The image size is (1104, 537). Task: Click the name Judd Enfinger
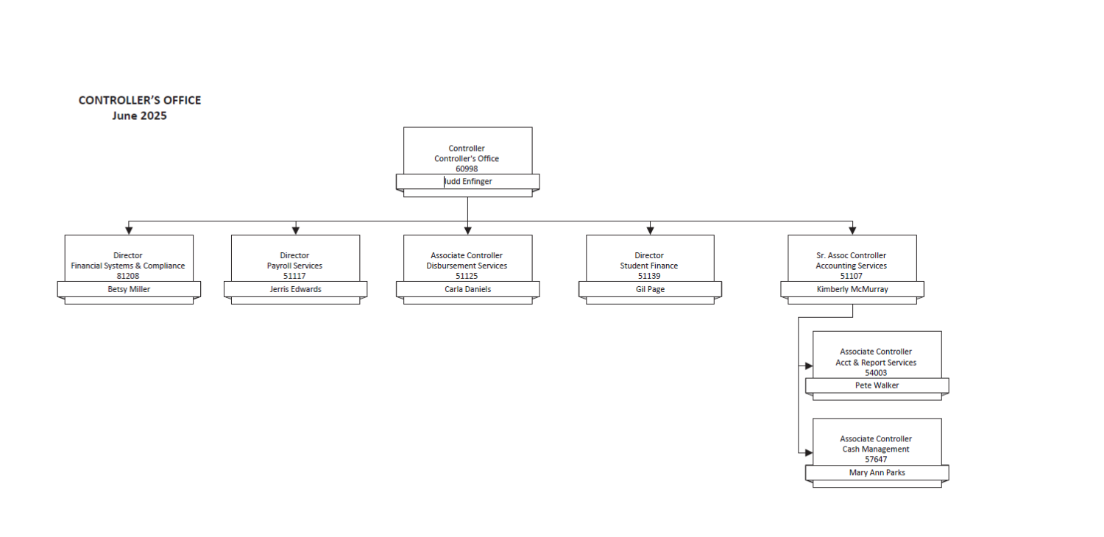[x=467, y=181]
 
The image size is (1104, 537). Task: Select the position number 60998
[x=467, y=168]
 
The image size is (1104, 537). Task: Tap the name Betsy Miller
[x=129, y=289]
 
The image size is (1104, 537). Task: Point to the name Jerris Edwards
[x=295, y=289]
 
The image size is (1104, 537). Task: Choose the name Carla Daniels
[x=467, y=289]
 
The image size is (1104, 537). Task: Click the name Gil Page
[x=650, y=289]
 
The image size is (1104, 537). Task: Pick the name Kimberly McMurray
[x=852, y=289]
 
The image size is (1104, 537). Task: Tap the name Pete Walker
[x=877, y=385]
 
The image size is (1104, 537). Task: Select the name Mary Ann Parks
[x=877, y=472]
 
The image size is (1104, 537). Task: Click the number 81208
[x=127, y=276]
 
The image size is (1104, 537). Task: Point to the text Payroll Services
[x=294, y=266]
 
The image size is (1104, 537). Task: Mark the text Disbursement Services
[x=467, y=266]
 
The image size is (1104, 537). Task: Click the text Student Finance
[x=649, y=266]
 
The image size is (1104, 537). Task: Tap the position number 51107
[x=851, y=276]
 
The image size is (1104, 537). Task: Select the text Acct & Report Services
[x=876, y=363]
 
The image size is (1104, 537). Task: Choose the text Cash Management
[x=876, y=449]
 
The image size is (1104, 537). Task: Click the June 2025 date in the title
[x=140, y=115]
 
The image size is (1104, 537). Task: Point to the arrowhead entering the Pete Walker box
[x=809, y=366]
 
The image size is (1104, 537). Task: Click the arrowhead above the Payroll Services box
[x=296, y=230]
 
